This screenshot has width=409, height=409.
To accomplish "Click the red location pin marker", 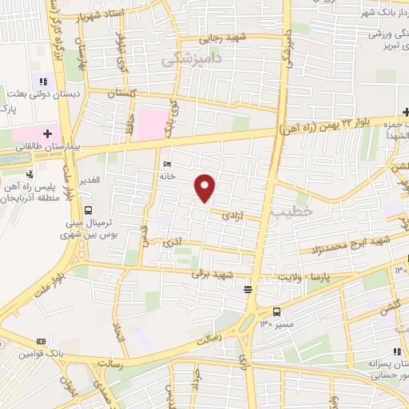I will point(205,187).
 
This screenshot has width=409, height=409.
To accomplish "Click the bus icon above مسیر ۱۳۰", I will point(276,312).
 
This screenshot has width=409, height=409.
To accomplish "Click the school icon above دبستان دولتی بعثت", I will point(42,81).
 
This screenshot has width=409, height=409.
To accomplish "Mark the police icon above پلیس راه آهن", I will point(30,174).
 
